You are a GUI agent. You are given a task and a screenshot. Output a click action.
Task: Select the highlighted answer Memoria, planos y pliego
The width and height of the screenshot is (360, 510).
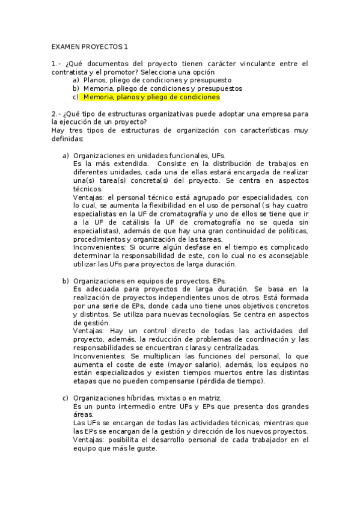pyautogui.click(x=151, y=97)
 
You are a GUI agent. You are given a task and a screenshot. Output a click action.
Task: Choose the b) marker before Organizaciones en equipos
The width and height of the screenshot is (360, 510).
pyautogui.click(x=66, y=281)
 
